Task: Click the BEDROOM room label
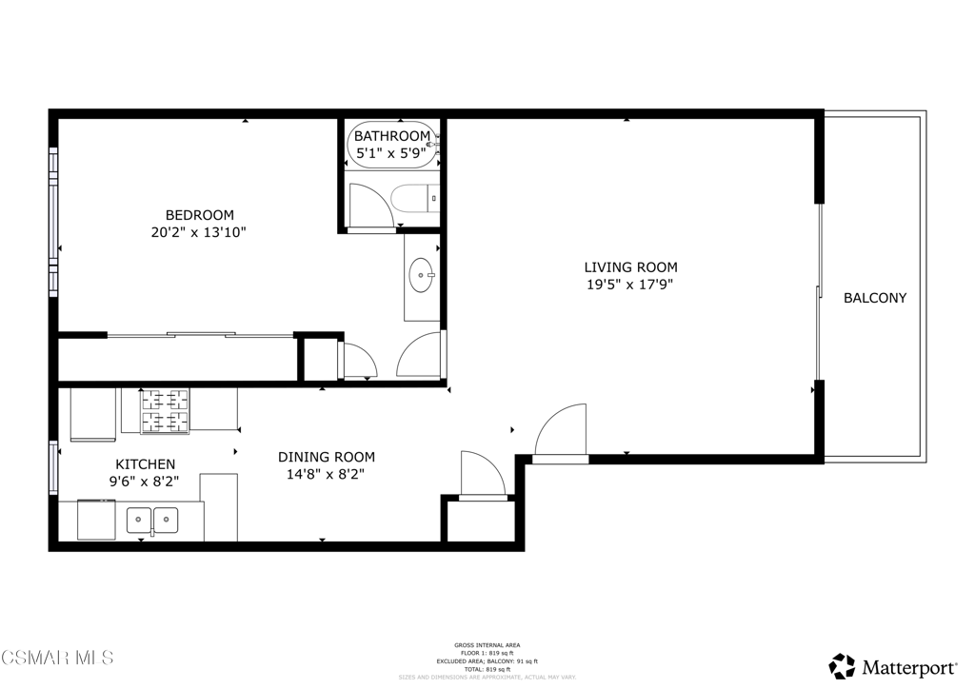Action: (199, 215)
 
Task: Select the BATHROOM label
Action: (392, 136)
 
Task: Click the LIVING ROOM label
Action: (630, 267)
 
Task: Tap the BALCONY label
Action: (874, 298)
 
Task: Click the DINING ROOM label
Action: (326, 457)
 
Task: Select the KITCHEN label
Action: (145, 464)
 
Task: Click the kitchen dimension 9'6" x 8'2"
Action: (145, 482)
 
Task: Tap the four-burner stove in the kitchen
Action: (166, 411)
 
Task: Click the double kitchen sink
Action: (152, 520)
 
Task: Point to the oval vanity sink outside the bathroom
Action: (421, 277)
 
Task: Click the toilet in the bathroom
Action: (415, 198)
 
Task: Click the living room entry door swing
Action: (562, 433)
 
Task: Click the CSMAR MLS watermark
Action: (57, 658)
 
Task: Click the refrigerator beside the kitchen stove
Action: (93, 414)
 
